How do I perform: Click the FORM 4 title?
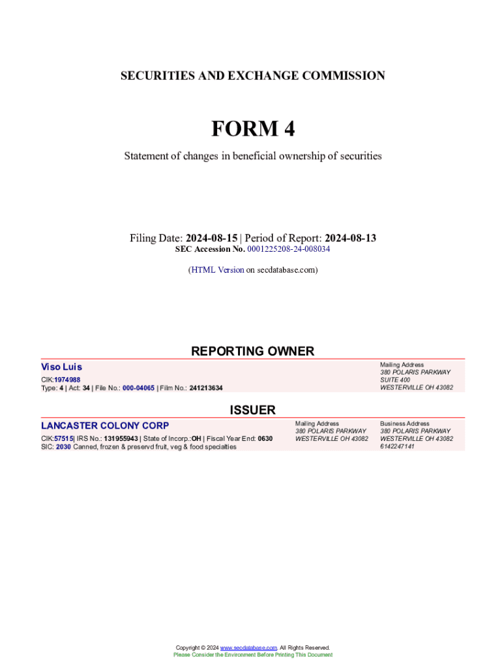coord(252,129)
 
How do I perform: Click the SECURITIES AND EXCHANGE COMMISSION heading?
coord(252,76)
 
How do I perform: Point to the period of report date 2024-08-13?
coord(350,238)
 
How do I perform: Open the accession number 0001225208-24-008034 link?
coord(289,249)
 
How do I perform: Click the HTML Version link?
coord(217,269)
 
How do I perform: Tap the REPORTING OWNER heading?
coord(252,351)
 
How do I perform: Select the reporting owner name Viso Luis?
coord(61,367)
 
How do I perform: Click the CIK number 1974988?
coord(67,380)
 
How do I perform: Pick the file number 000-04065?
coord(138,388)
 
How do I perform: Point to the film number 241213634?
coord(206,388)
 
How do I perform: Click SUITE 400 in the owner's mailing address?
coord(395,380)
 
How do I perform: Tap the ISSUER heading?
coord(252,410)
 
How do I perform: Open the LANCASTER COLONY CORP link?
coord(105,426)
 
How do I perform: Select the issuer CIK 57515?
coord(63,438)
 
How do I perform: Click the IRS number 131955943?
coord(121,438)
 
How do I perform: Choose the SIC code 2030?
coord(63,447)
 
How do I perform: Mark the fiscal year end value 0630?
coord(265,438)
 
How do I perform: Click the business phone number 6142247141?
coord(397,447)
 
